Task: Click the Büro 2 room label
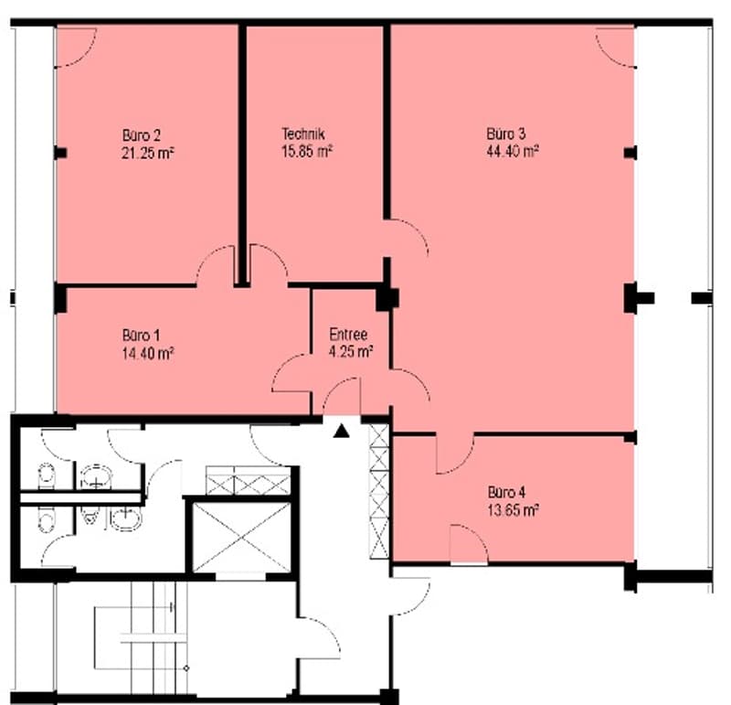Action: coord(142,135)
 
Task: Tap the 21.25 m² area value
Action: coord(148,153)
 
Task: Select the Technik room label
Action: coord(303,134)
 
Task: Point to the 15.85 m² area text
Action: coord(307,151)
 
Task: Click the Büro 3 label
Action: coord(506,134)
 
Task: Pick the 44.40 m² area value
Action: coord(513,151)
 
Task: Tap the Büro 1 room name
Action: coord(142,336)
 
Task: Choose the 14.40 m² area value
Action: coord(148,353)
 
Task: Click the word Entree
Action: coord(348,334)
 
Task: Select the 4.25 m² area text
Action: coord(351,351)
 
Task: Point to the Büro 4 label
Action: coord(507,492)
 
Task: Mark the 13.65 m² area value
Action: coord(514,509)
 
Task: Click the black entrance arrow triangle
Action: coord(342,431)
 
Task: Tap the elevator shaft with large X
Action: coord(241,537)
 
